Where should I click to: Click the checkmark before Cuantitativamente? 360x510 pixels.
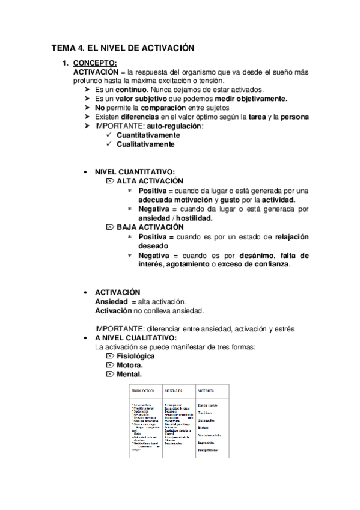109,135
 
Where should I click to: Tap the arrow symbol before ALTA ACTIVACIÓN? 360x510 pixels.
109,180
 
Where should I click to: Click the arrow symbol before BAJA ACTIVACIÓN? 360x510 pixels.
109,227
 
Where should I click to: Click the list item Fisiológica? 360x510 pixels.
135,356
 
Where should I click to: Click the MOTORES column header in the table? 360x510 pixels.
206,390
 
